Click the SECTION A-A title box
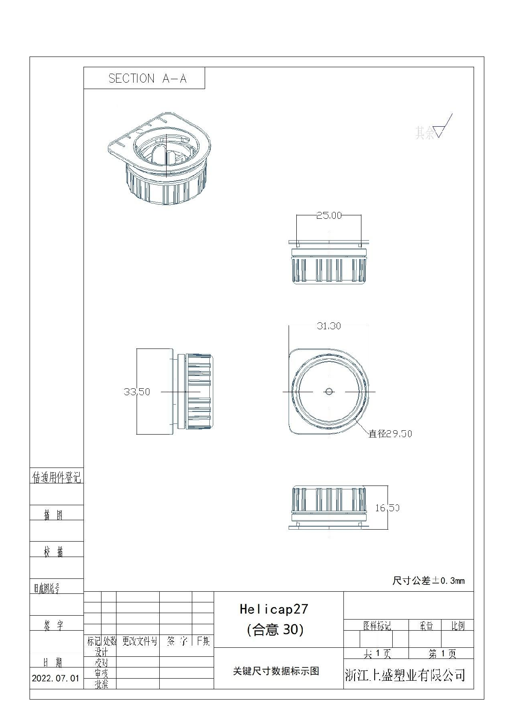click(144, 78)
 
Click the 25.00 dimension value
click(329, 215)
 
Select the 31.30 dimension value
click(329, 326)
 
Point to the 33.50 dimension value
click(137, 392)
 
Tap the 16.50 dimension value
click(387, 508)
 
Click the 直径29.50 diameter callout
click(390, 434)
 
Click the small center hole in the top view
click(329, 391)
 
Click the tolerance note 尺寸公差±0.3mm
click(428, 581)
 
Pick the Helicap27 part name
click(274, 609)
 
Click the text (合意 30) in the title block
click(275, 629)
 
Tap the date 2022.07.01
click(56, 679)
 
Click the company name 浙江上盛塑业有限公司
click(405, 675)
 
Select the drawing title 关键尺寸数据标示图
click(276, 671)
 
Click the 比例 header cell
click(458, 626)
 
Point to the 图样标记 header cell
click(377, 626)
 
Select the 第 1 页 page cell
click(442, 654)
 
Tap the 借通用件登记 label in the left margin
click(57, 477)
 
